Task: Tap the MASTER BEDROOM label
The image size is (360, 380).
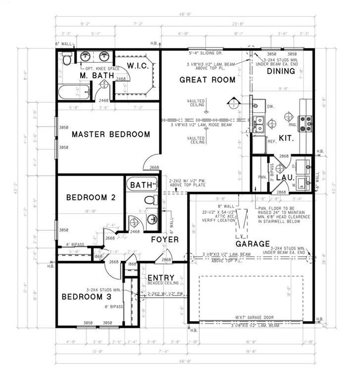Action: click(x=110, y=134)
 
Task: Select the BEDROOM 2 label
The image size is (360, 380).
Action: click(x=91, y=197)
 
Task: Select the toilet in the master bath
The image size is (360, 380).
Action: click(x=66, y=60)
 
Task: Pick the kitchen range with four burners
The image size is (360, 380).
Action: click(x=306, y=122)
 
